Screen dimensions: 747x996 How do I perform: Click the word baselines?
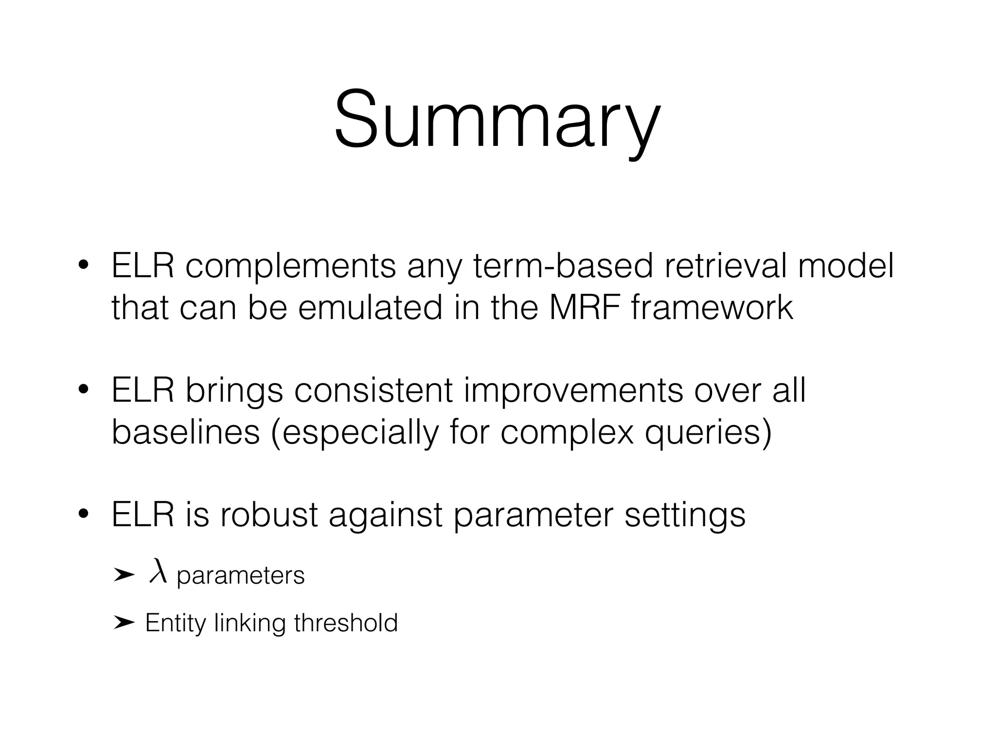pyautogui.click(x=186, y=432)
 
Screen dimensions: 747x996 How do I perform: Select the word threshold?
pyautogui.click(x=346, y=622)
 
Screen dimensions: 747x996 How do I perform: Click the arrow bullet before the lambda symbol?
pyautogui.click(x=124, y=575)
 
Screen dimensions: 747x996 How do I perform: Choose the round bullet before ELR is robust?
pyautogui.click(x=84, y=514)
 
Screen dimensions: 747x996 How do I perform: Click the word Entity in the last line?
pyautogui.click(x=175, y=623)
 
